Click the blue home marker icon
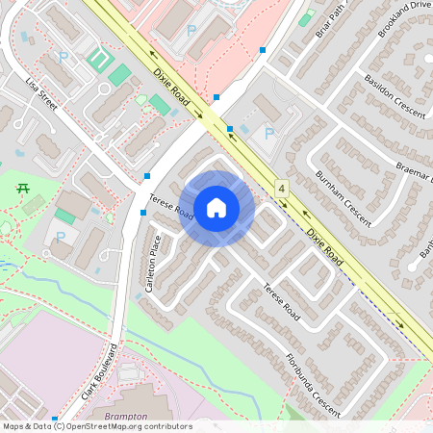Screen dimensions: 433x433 coord(216,208)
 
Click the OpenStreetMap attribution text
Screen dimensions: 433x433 coord(97,426)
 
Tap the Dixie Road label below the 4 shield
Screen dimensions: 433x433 coord(325,245)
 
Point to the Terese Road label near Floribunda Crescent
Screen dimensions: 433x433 coord(282,302)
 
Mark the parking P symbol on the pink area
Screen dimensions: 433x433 coord(191,31)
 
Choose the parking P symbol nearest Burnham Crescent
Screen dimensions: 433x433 coord(268,133)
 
